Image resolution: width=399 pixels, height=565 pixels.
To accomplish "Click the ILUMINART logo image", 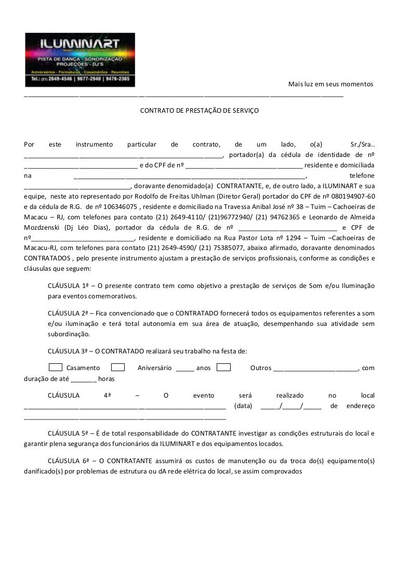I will pyautogui.click(x=80, y=60).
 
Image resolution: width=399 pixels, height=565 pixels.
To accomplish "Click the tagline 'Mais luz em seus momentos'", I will pyautogui.click(x=330, y=84).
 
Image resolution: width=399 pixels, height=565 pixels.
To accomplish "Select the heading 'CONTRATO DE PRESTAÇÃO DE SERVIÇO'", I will pyautogui.click(x=199, y=111).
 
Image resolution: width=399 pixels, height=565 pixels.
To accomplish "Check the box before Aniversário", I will pyautogui.click(x=118, y=367).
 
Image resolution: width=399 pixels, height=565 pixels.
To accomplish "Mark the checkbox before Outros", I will pyautogui.click(x=224, y=367).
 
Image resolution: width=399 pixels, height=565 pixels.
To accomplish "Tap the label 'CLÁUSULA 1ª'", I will pyautogui.click(x=70, y=286).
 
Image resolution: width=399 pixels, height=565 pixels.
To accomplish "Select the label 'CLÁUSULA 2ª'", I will pyautogui.click(x=70, y=313).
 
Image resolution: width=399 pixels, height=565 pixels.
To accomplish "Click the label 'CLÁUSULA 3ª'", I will pyautogui.click(x=70, y=351).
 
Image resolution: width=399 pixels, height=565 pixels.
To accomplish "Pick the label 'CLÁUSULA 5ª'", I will pyautogui.click(x=70, y=433).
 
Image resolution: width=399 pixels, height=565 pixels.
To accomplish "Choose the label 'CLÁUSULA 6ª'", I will pyautogui.click(x=70, y=461).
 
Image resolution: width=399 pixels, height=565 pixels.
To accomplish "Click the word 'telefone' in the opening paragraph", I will pyautogui.click(x=362, y=176).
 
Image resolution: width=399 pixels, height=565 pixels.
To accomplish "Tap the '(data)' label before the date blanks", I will pyautogui.click(x=243, y=405).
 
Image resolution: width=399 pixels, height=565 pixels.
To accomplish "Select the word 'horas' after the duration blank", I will pyautogui.click(x=107, y=378).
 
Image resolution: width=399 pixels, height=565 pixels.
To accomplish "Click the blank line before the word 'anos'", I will pyautogui.click(x=184, y=368).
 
